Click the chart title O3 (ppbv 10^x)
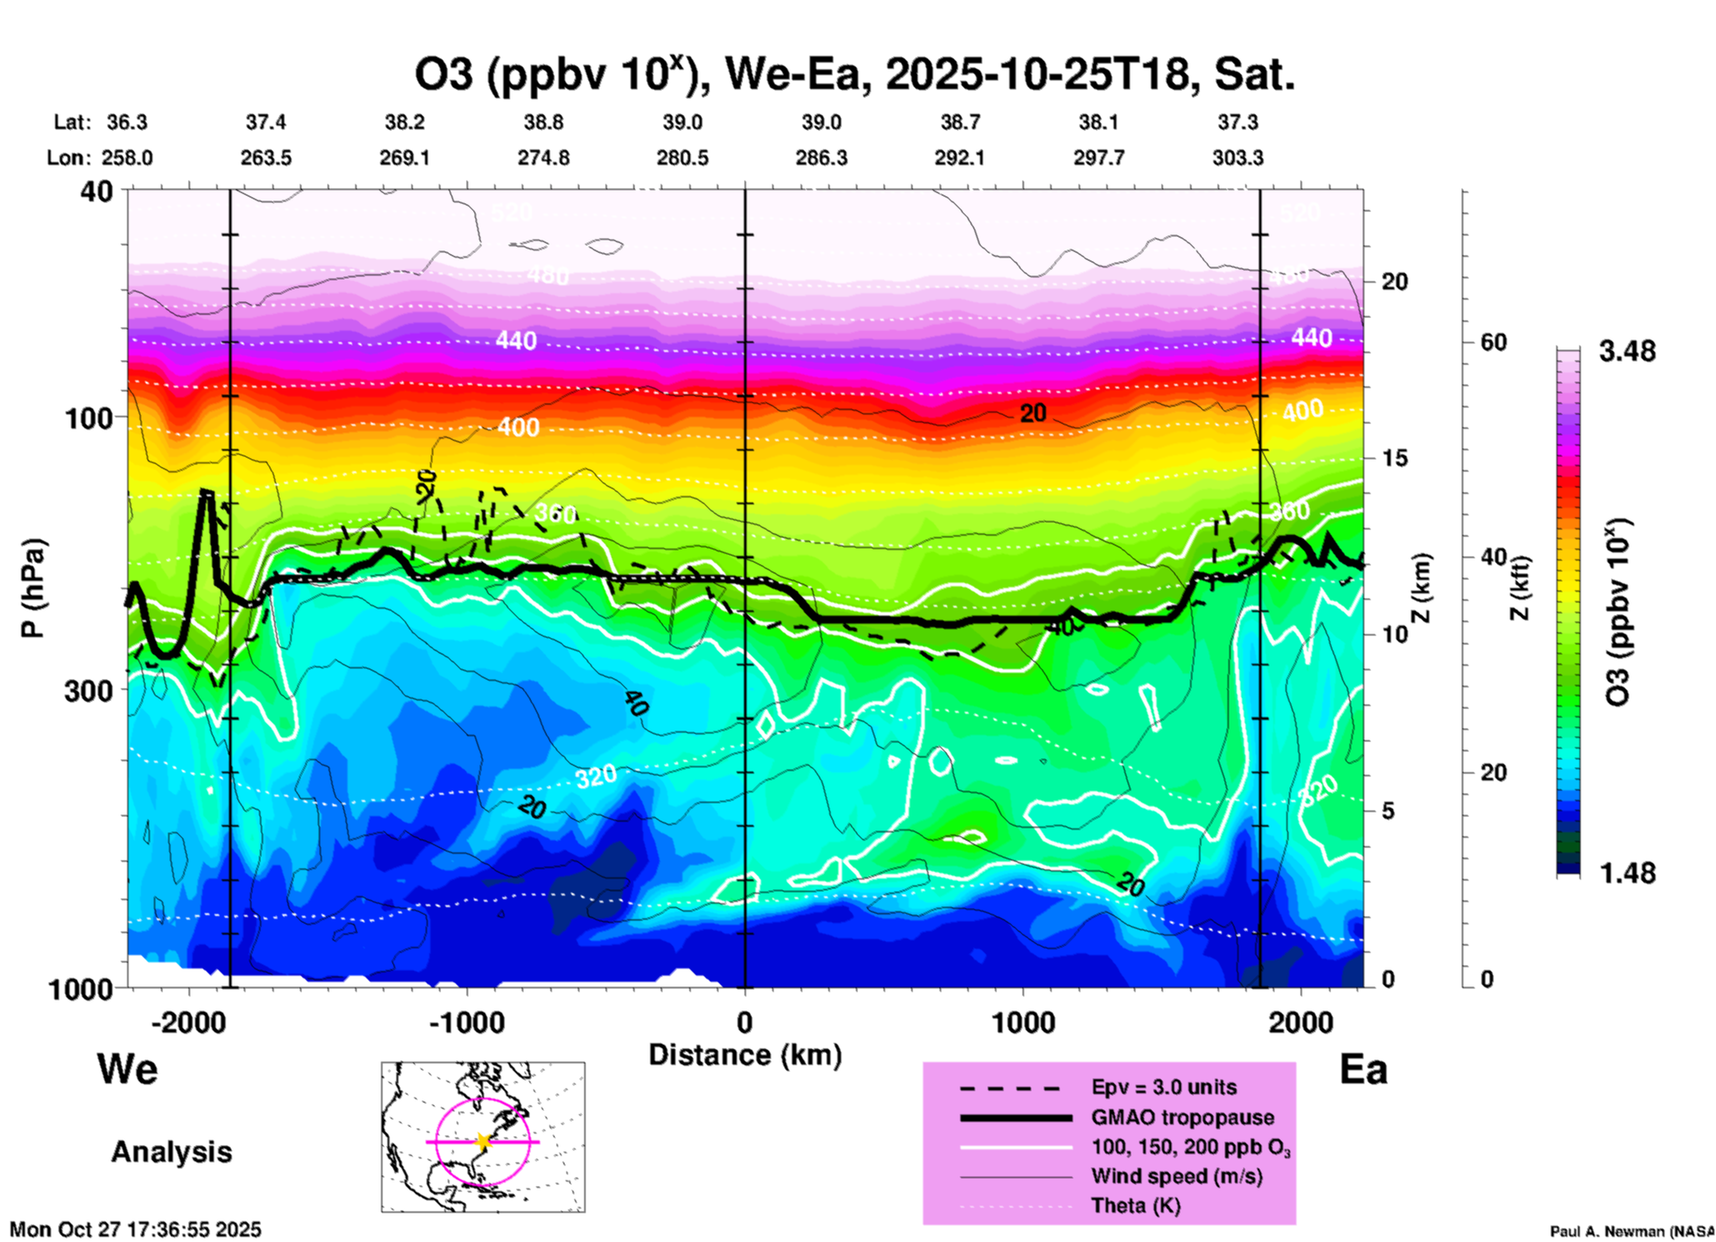[854, 75]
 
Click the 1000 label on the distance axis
[1023, 1022]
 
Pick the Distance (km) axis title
[745, 1055]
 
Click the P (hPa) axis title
[33, 588]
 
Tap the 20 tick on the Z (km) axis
[1394, 282]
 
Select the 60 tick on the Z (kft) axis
[1494, 342]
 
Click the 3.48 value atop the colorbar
[1627, 351]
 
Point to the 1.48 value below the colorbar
[1627, 872]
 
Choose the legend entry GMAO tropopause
[1182, 1117]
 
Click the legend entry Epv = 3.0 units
[1164, 1088]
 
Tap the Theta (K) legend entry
[1135, 1205]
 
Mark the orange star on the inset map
[483, 1141]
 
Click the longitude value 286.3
[821, 158]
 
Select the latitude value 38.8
[543, 122]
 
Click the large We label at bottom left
[127, 1068]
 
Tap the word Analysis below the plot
[171, 1152]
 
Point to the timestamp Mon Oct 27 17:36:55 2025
[135, 1230]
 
